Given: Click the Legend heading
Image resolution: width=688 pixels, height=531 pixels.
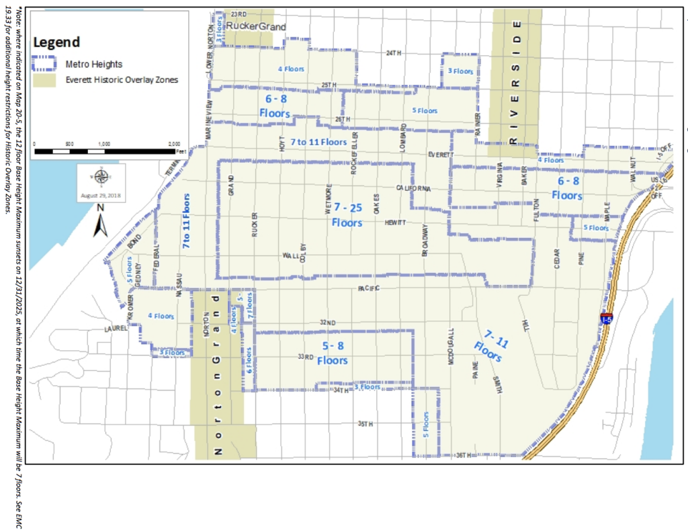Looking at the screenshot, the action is tap(56, 42).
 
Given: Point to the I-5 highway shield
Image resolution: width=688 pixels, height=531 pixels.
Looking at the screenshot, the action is tap(607, 317).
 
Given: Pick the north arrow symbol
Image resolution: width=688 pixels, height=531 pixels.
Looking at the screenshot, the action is tap(100, 221).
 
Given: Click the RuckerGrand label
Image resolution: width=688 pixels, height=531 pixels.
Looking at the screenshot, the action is tap(255, 26).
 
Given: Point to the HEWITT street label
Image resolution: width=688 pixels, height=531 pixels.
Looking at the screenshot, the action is tap(396, 222).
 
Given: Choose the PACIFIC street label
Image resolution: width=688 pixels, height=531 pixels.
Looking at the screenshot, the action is tap(369, 288).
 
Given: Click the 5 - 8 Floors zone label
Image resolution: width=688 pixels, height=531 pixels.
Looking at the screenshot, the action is tap(333, 354).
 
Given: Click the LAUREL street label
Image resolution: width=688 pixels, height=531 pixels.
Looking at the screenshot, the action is tap(116, 329).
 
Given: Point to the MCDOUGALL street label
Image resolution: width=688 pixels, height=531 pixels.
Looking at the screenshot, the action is tap(451, 348).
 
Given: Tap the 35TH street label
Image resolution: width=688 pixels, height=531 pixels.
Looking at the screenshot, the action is tap(365, 424).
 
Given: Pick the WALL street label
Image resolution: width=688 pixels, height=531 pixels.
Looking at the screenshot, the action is tap(290, 256).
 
